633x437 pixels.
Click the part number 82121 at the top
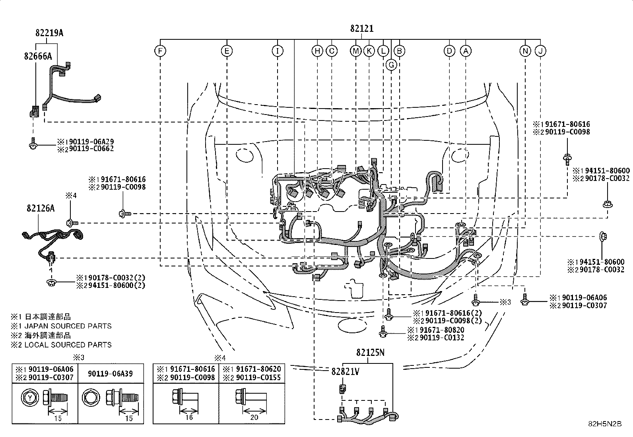point(362,29)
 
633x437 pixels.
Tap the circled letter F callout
point(160,51)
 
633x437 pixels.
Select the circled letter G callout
point(391,65)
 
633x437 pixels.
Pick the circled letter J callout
point(540,51)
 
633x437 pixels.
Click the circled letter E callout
point(227,51)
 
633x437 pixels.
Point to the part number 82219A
point(49,33)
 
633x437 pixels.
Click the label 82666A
point(38,56)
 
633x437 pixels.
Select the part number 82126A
point(41,208)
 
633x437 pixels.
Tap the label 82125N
point(370,352)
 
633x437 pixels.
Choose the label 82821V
point(345,371)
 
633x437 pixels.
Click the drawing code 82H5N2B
point(605,424)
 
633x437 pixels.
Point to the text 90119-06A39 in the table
point(110,374)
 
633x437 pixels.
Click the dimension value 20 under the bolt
point(254,417)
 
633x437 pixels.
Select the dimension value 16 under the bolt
point(189,417)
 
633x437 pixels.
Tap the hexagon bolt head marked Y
point(30,398)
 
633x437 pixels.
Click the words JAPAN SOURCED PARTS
point(68,326)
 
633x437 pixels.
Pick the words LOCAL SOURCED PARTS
point(68,345)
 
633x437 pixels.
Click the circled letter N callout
point(525,51)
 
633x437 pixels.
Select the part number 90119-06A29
point(91,141)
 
